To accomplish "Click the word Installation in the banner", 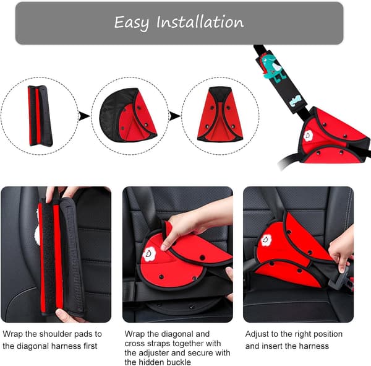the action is pos(200,22).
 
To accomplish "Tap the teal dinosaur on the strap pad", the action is pos(272,67).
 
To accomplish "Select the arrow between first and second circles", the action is pos(84,116).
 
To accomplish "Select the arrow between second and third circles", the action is pos(174,116).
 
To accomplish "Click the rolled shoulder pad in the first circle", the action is pos(40,116).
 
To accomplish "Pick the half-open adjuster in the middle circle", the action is pos(128,115).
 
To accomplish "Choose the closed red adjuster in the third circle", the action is pos(220,115).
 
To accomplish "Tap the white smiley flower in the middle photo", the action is pos(149,254).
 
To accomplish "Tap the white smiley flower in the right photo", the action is pos(267,240).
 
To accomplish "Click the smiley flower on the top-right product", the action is pos(309,136).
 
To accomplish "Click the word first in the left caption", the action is pos(90,346).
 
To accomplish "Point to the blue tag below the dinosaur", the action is pos(296,100).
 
